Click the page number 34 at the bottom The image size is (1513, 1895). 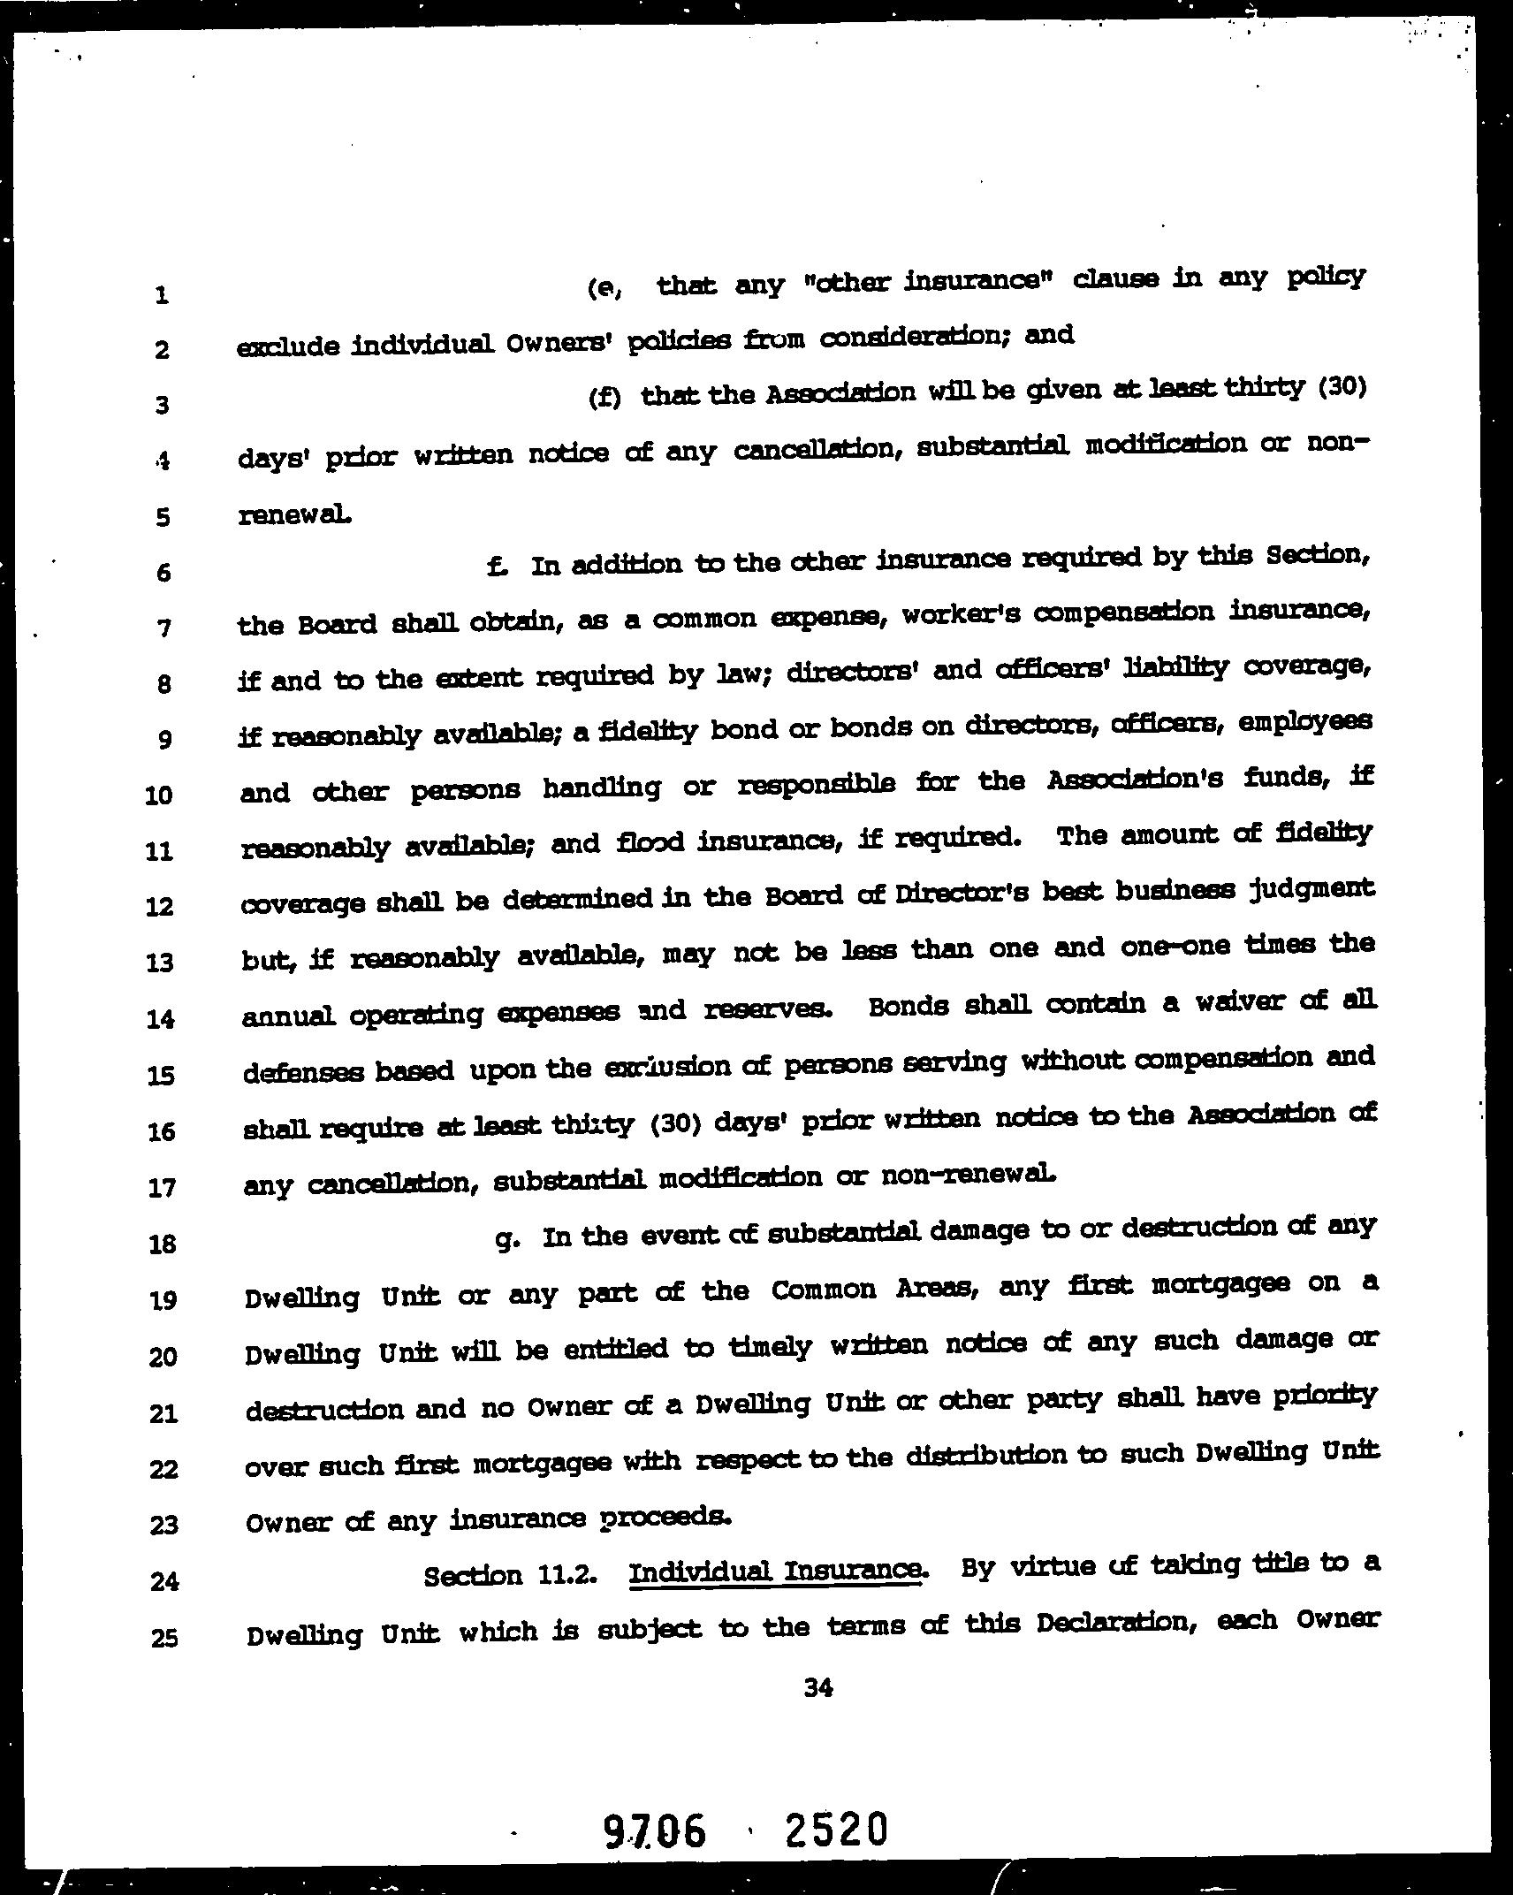(x=818, y=1688)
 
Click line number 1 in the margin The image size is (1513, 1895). (x=161, y=295)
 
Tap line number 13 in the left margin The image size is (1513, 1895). (x=160, y=963)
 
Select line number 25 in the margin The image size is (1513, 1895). (x=163, y=1638)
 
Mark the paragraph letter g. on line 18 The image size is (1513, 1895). (x=506, y=1239)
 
